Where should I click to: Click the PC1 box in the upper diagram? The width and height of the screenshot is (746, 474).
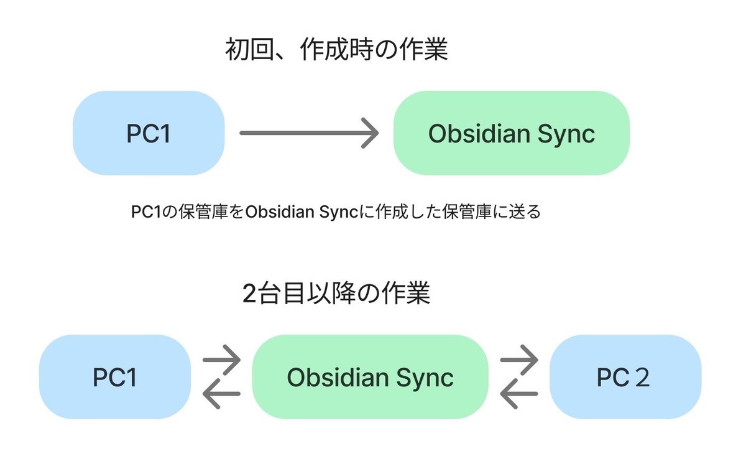coord(149,133)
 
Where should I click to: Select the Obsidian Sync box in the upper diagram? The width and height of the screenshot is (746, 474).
coord(512,133)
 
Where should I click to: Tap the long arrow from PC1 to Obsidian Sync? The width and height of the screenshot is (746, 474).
coord(309,133)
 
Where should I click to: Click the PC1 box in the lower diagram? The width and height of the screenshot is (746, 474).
coord(115,377)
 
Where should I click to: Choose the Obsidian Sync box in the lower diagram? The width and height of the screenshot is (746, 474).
coord(370,377)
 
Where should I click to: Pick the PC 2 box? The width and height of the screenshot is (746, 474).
coord(625,377)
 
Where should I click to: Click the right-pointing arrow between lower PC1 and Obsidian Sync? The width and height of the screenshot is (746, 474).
coord(221,360)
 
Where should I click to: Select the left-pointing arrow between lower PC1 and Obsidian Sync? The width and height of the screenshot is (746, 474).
coord(221,394)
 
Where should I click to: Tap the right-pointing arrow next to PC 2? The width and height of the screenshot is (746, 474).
coord(519,360)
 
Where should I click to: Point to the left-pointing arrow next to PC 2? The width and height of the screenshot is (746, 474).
coord(519,394)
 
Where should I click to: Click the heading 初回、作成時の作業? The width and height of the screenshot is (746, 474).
coord(336,49)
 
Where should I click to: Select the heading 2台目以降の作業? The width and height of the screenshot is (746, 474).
coord(336,294)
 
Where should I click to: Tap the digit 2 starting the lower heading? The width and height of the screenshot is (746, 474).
coord(249,294)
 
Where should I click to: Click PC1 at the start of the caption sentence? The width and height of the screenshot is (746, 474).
coord(146,211)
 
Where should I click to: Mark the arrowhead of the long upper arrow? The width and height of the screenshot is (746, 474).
coord(371,133)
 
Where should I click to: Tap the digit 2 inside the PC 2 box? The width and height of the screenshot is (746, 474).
coord(642,378)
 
